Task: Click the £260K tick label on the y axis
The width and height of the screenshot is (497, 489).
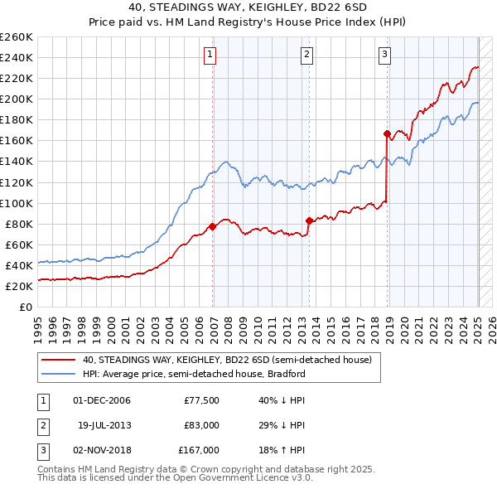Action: click(x=17, y=37)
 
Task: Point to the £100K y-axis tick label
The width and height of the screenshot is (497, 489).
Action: click(x=17, y=203)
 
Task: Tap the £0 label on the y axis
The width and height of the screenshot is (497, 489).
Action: click(x=25, y=307)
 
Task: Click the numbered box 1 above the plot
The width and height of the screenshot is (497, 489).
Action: click(x=210, y=56)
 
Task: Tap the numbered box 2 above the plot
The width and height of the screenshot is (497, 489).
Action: click(x=306, y=56)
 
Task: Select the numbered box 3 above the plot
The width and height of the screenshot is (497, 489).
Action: click(x=385, y=56)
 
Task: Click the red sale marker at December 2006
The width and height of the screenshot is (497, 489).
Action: click(x=213, y=225)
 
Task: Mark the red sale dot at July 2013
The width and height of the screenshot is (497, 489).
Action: click(x=309, y=220)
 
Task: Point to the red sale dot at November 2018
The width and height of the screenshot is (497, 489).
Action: click(x=387, y=133)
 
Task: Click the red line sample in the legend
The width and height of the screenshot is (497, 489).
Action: click(x=58, y=361)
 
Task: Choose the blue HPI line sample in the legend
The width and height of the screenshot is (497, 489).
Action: click(x=58, y=374)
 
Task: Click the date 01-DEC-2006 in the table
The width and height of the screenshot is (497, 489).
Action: click(x=102, y=400)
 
